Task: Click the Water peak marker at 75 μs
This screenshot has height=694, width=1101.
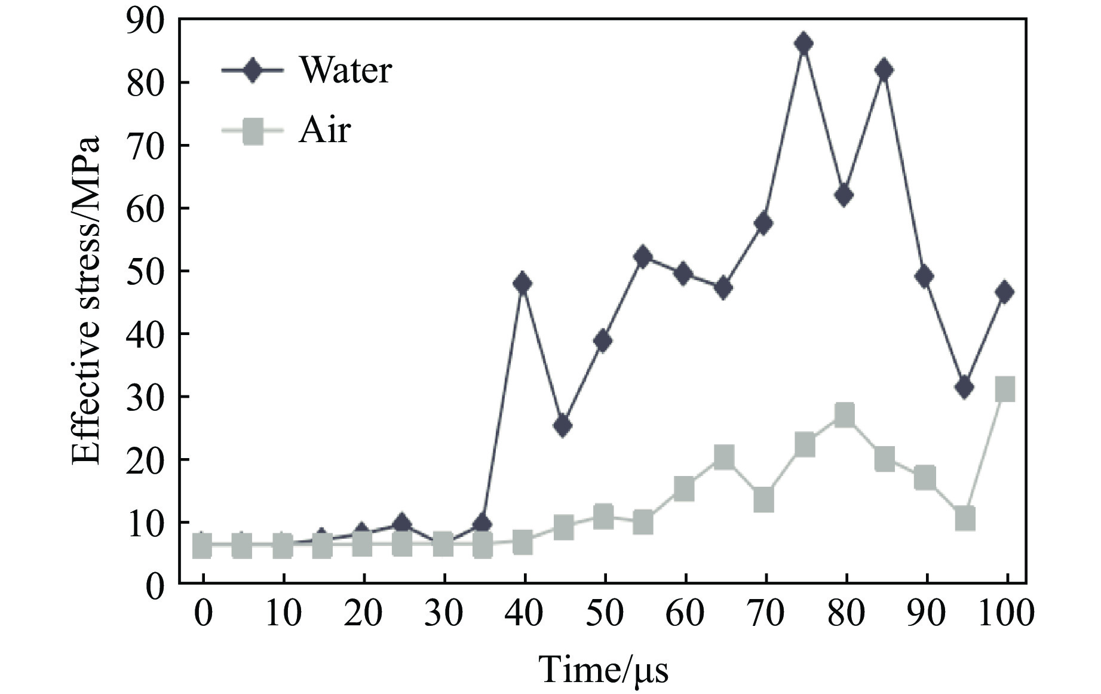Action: coord(804,44)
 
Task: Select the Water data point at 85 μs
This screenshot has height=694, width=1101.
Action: coord(885,70)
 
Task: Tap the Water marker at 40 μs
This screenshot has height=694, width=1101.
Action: coord(523,283)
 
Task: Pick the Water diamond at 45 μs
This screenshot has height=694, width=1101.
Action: coord(563,426)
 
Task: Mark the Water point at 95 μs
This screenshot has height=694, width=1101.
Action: coord(964,388)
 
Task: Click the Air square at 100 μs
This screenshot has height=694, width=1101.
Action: coord(1005,389)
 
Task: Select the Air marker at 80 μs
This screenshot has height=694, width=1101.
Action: coord(844,414)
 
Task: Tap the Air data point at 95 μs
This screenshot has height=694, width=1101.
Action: coord(965,518)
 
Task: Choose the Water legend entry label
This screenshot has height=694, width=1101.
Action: coord(345,70)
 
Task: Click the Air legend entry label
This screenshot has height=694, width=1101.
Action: coord(324,130)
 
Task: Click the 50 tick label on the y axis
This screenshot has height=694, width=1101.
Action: coord(145,271)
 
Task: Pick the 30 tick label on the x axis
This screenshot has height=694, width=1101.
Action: coord(443,614)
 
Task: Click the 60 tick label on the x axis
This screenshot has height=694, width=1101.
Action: coord(685,614)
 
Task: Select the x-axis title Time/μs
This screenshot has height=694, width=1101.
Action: coord(603,668)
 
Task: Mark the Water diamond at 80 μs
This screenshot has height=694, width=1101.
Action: coord(844,195)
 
